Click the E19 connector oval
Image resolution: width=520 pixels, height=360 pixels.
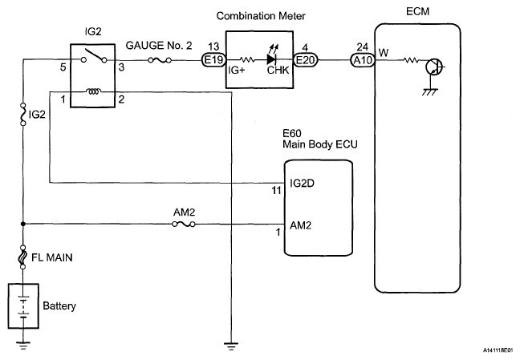point(213,59)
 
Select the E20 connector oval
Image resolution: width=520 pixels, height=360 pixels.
point(305,59)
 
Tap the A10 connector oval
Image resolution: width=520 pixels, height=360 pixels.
point(360,59)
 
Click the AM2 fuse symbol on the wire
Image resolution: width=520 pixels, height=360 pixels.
point(181,224)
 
